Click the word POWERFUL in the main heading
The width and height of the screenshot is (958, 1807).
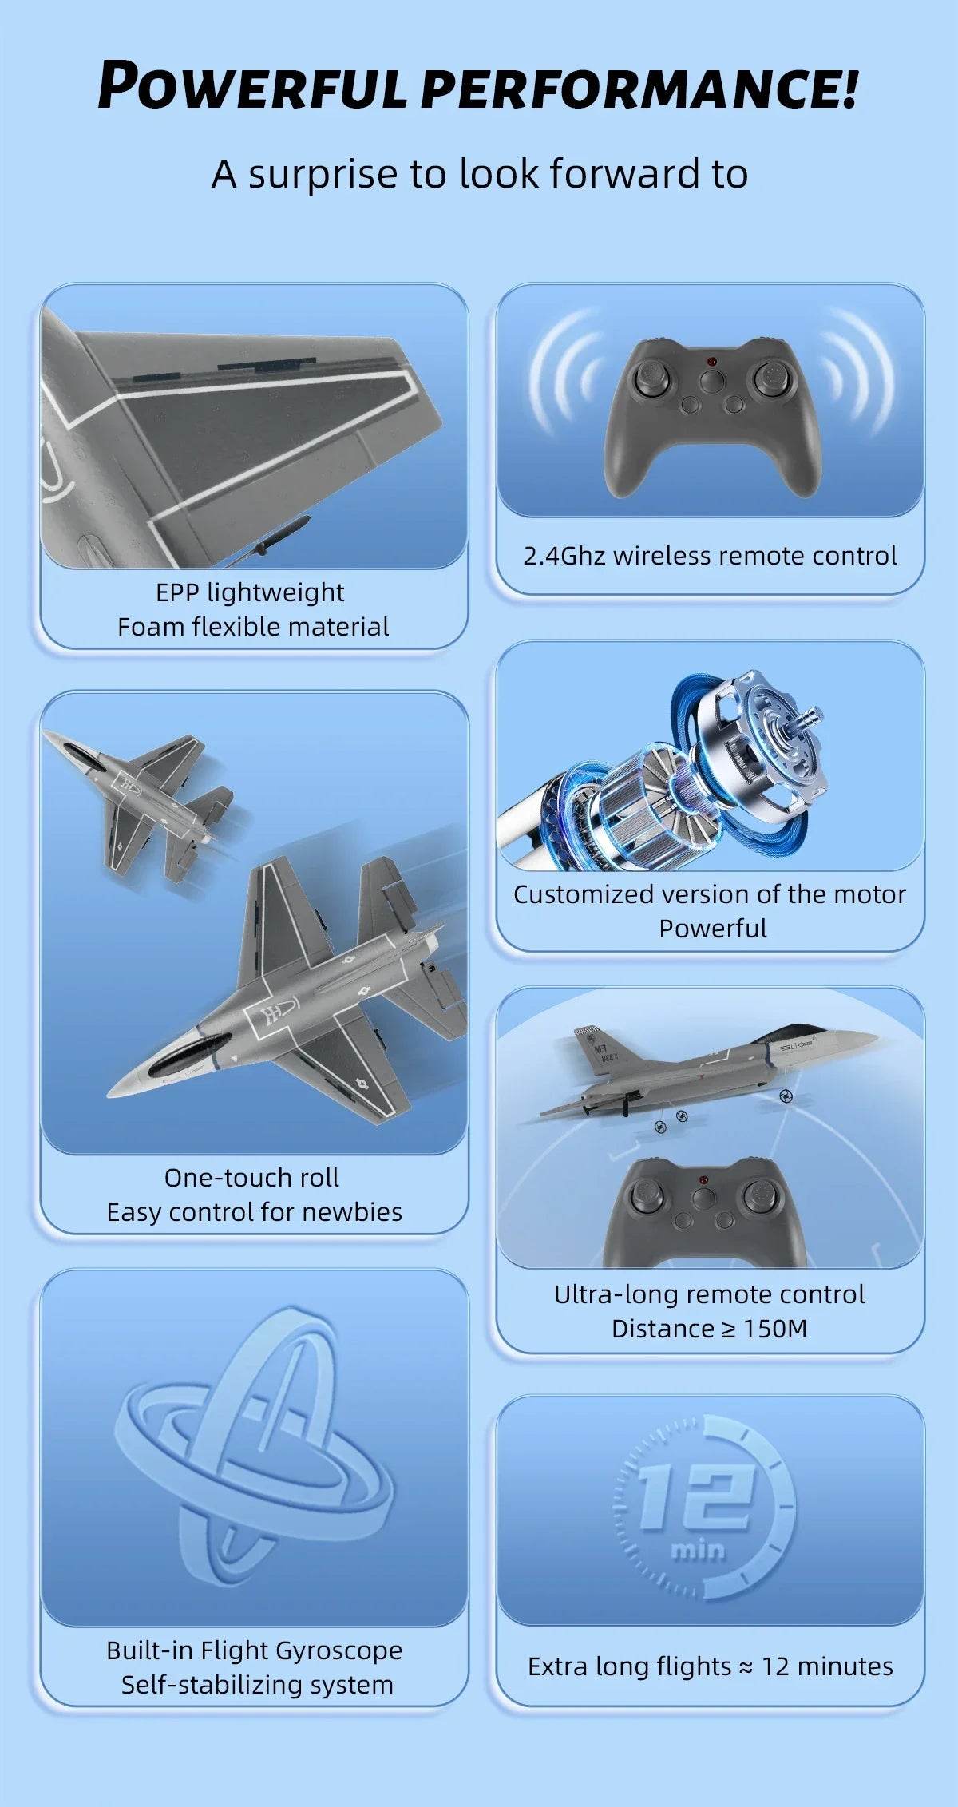tap(253, 86)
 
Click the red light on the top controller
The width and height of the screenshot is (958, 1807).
tap(711, 362)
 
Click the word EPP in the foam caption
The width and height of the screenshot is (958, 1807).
tap(177, 592)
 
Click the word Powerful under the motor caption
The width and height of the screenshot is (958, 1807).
tap(712, 929)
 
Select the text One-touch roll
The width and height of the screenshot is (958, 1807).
tap(251, 1178)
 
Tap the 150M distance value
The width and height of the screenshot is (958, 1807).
tap(775, 1329)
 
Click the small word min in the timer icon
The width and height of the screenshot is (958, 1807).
tap(698, 1550)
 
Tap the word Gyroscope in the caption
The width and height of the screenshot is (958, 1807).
tap(336, 1650)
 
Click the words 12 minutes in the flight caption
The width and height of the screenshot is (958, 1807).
tap(827, 1666)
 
